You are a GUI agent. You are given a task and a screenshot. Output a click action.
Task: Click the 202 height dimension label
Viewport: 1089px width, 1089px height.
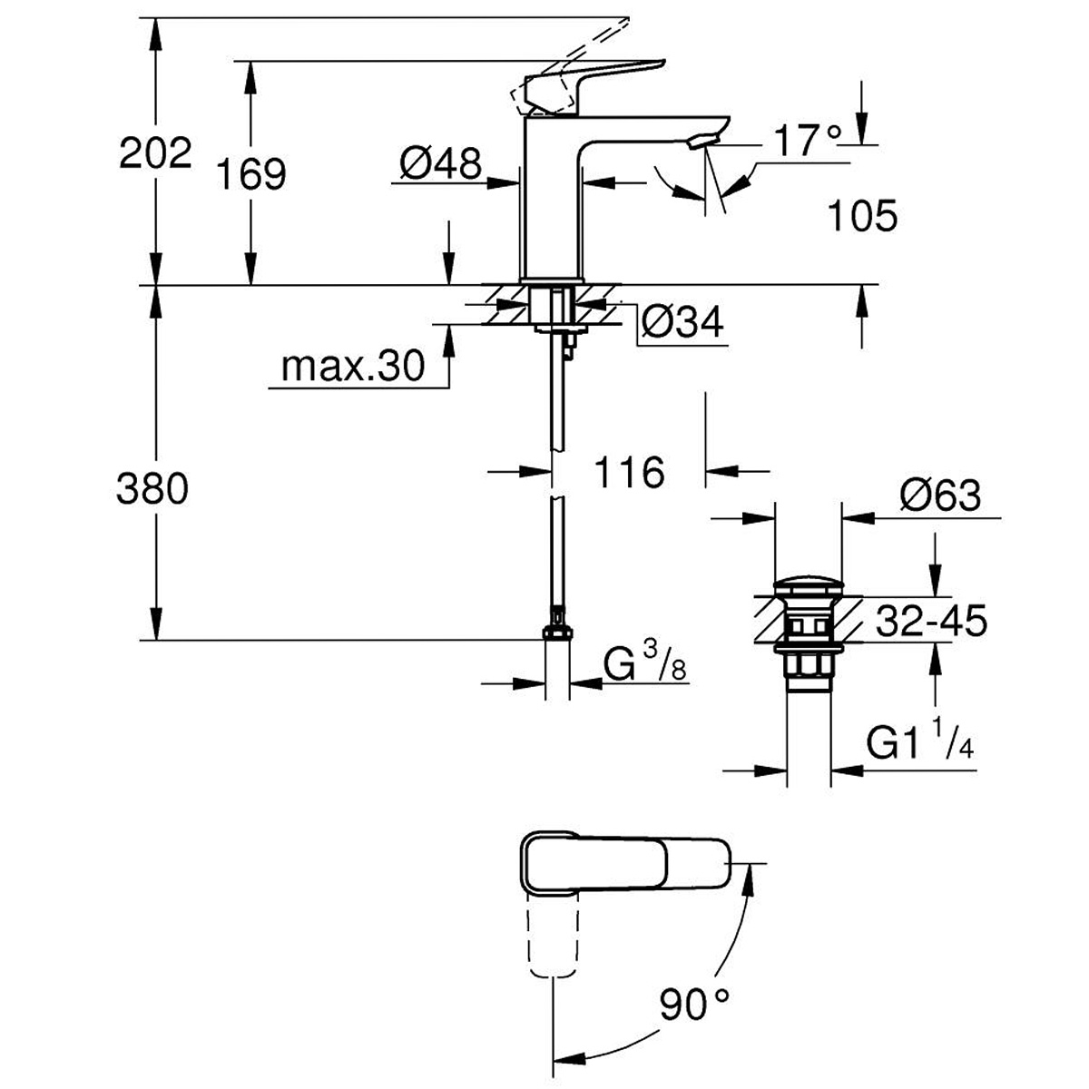pyautogui.click(x=155, y=153)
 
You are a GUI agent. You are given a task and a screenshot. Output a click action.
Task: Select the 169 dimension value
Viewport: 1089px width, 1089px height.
pyautogui.click(x=250, y=173)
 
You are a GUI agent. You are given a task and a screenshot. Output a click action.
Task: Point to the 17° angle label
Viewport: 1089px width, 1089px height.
pyautogui.click(x=808, y=140)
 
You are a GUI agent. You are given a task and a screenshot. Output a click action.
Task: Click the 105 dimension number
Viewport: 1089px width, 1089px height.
pyautogui.click(x=861, y=216)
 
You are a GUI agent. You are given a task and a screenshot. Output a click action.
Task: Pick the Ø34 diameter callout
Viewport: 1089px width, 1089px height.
pyautogui.click(x=682, y=321)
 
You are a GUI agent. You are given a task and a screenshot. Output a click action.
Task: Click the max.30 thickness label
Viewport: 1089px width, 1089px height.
pyautogui.click(x=353, y=367)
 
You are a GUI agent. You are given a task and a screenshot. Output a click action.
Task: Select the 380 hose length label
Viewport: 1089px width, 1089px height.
pyautogui.click(x=152, y=490)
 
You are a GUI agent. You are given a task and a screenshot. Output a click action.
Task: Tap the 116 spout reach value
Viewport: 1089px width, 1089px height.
pyautogui.click(x=630, y=472)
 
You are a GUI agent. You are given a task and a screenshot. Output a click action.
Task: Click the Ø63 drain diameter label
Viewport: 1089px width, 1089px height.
pyautogui.click(x=940, y=495)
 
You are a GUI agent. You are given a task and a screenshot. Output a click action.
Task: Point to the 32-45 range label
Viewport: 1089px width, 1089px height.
pyautogui.click(x=931, y=622)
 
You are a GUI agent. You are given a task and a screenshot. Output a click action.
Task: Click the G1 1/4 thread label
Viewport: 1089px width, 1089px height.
pyautogui.click(x=919, y=745)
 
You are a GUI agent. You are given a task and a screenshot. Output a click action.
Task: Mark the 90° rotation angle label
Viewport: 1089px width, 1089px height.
pyautogui.click(x=695, y=1005)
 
